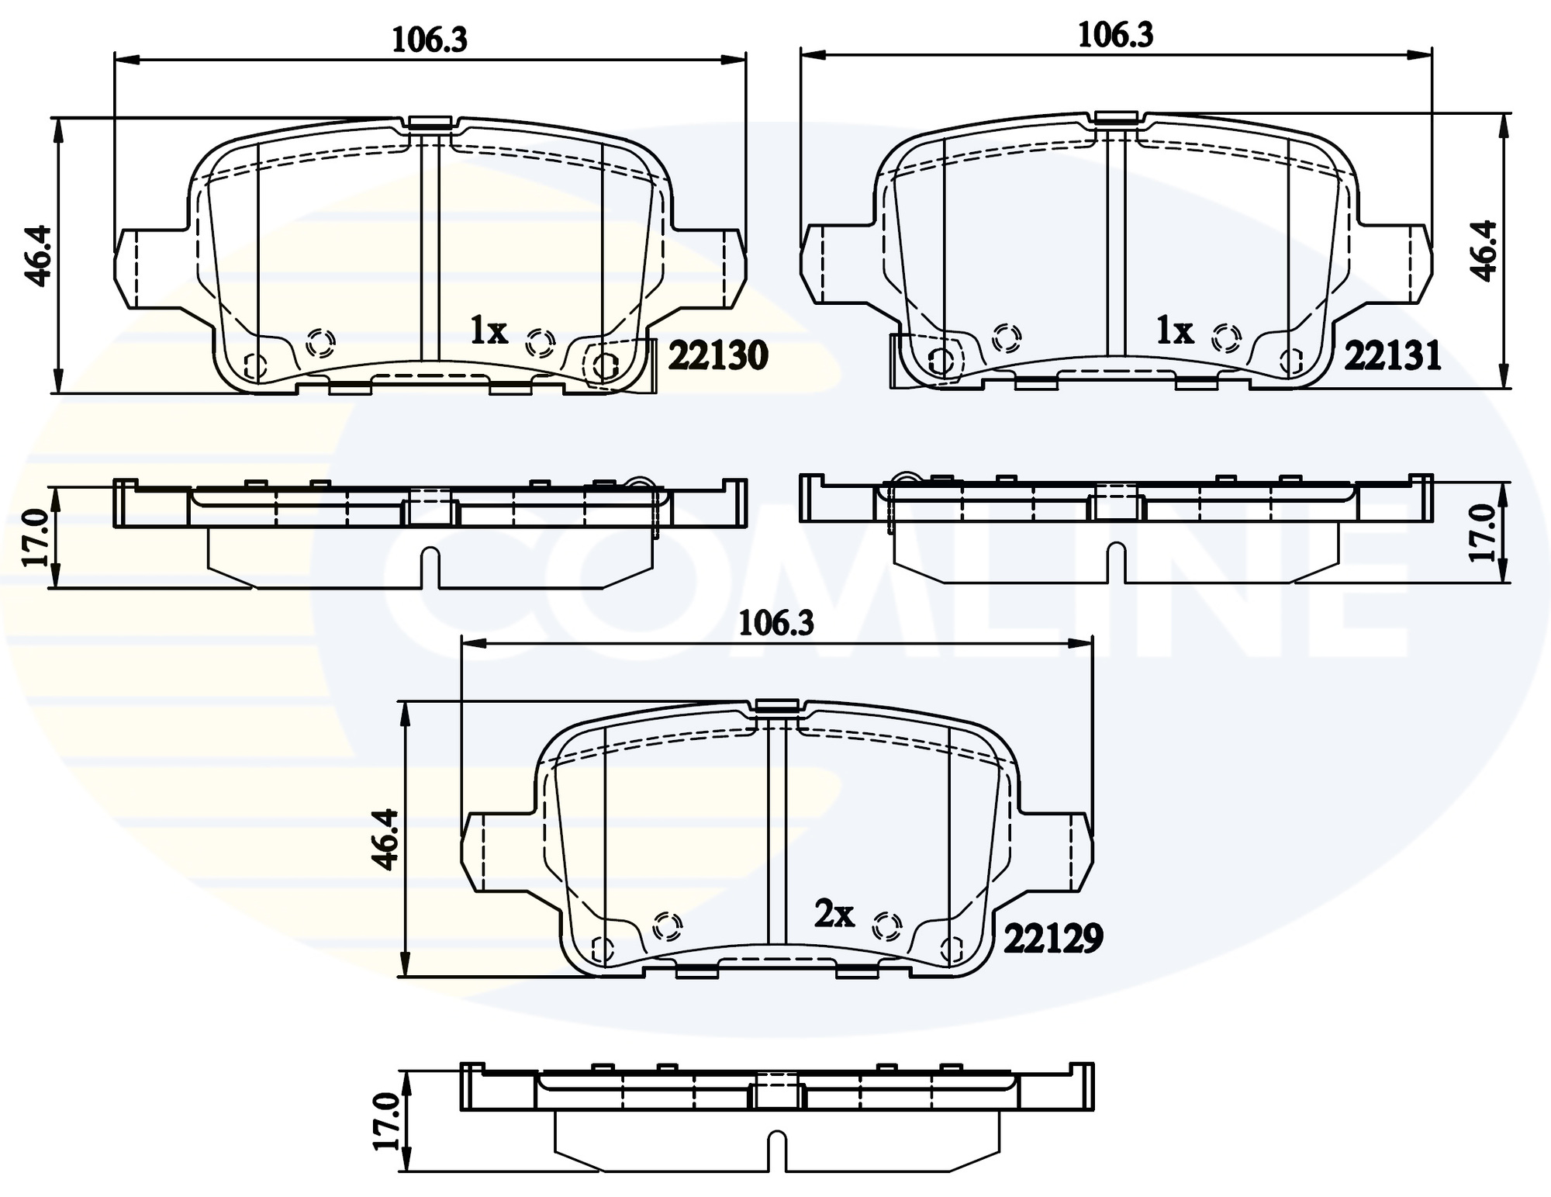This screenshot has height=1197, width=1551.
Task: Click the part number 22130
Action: click(x=717, y=356)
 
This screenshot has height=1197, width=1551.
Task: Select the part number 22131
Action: click(x=1392, y=356)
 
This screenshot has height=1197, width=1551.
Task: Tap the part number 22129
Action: click(x=1053, y=939)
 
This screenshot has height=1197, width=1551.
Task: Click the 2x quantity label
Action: click(x=834, y=914)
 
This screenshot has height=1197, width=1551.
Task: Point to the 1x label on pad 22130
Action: click(x=489, y=332)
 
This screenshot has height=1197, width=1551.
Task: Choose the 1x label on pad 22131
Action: click(x=1174, y=332)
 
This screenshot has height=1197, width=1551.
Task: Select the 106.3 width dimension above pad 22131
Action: click(x=1115, y=36)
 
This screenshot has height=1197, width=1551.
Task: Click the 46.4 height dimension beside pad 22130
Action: click(x=39, y=255)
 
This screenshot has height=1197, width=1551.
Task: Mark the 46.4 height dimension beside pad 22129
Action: click(x=385, y=839)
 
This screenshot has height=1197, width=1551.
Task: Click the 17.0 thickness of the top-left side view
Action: click(x=36, y=537)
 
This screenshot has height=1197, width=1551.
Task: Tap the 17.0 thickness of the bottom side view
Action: click(x=385, y=1122)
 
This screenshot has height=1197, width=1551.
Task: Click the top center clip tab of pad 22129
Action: click(x=776, y=705)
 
